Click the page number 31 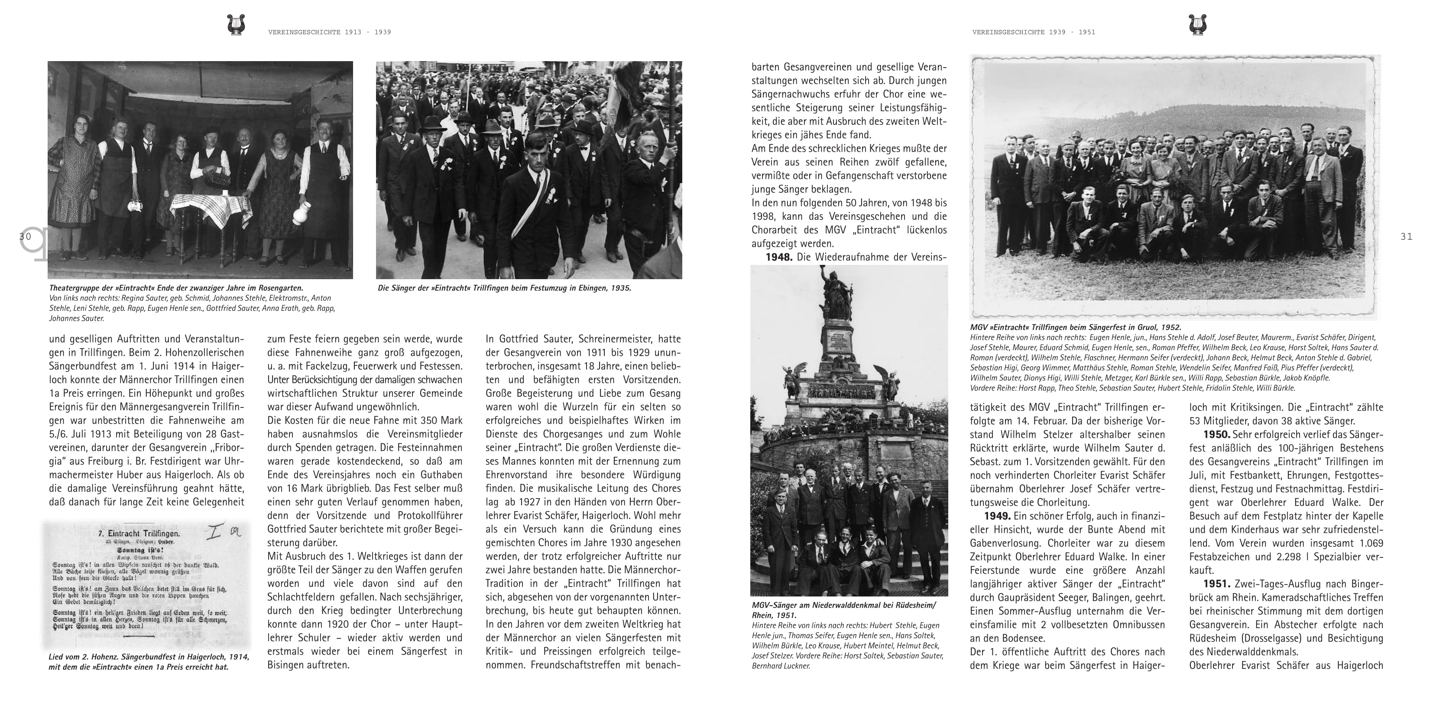[1406, 237]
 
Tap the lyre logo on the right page [1197, 25]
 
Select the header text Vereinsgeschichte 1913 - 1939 [329, 32]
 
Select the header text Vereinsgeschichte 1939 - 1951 [1034, 32]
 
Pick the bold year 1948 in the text [778, 257]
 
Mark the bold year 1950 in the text [1216, 434]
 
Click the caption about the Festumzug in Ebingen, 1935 [504, 288]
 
